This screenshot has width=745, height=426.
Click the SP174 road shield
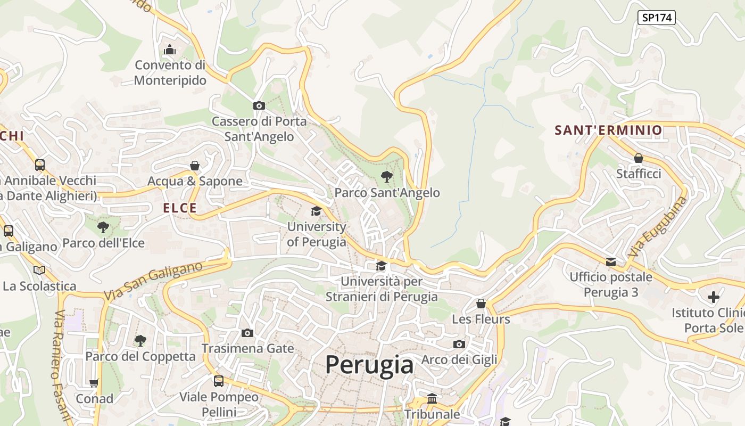point(656,18)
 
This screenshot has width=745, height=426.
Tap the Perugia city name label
point(369,365)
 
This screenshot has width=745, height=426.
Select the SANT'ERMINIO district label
point(608,130)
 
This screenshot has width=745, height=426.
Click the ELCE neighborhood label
point(180,208)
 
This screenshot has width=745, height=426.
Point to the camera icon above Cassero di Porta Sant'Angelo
point(259,105)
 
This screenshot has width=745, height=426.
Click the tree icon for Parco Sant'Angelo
point(387,176)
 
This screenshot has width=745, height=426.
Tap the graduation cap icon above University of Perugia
point(317,211)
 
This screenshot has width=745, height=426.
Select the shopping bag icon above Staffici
point(639,158)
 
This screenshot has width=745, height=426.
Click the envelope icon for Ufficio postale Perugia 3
point(611,261)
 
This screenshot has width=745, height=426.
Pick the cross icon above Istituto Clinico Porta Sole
point(714,297)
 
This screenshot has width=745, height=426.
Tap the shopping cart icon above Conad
point(94,383)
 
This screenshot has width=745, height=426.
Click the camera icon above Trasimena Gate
point(247,333)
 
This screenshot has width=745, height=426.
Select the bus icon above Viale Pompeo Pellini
point(219,381)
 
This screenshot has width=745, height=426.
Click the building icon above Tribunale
point(432,398)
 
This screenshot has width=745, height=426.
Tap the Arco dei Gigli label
point(459,359)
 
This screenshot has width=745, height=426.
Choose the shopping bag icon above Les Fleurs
point(481,304)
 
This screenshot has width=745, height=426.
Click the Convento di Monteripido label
point(170,72)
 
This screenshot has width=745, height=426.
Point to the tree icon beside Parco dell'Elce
point(103,227)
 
